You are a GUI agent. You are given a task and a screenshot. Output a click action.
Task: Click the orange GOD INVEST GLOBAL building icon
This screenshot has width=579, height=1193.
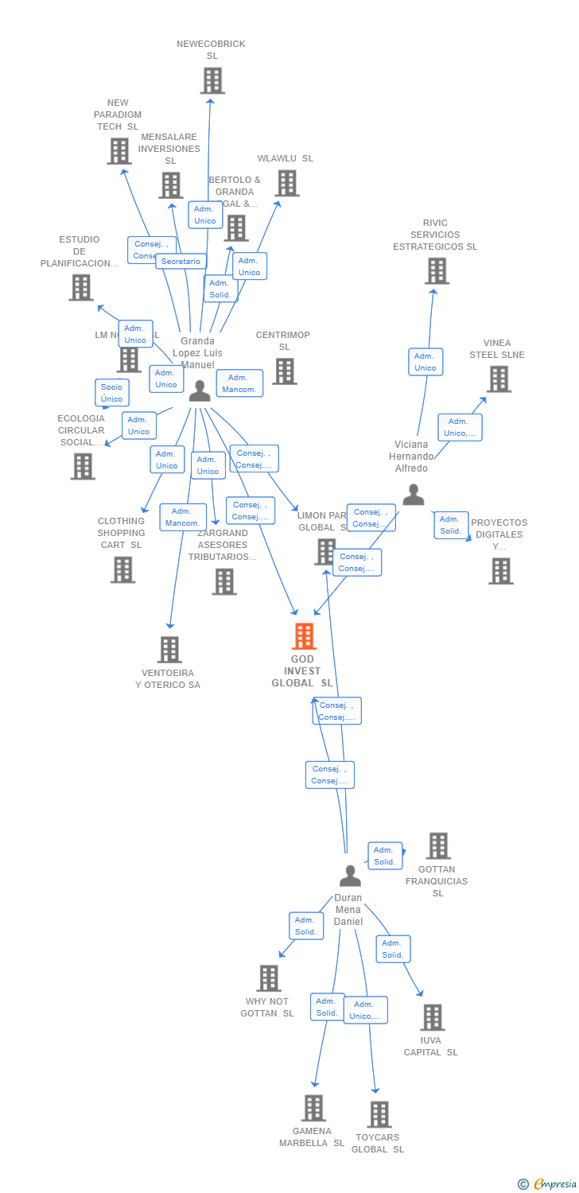tap(304, 636)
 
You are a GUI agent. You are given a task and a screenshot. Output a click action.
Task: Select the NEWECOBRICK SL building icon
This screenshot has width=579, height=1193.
tap(212, 80)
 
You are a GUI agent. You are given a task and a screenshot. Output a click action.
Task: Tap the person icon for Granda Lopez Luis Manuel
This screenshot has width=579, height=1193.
tap(200, 390)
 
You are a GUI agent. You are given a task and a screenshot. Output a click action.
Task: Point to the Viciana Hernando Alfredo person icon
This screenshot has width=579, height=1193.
tap(413, 495)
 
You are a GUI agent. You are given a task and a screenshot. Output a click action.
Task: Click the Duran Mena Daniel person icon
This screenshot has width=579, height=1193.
tap(350, 876)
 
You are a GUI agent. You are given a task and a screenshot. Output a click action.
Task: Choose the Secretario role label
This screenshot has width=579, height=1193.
tap(181, 261)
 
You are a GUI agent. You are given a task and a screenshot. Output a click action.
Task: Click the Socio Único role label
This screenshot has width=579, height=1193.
tap(112, 393)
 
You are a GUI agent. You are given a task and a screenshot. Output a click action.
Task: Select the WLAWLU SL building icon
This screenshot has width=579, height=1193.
tap(287, 183)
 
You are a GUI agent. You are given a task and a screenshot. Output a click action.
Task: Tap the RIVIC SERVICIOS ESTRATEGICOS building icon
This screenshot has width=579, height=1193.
tap(436, 271)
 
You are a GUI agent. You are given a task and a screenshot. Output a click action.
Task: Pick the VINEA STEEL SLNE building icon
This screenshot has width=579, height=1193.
tap(499, 379)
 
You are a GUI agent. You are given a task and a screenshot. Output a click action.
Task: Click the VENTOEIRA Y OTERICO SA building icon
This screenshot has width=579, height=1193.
tap(169, 650)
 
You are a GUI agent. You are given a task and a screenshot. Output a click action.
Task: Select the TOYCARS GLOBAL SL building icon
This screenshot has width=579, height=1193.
tap(379, 1114)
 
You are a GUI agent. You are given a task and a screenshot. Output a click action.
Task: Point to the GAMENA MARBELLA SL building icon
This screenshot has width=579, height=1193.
tap(313, 1108)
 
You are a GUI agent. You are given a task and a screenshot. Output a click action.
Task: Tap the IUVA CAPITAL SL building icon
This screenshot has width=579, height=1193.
tap(432, 1017)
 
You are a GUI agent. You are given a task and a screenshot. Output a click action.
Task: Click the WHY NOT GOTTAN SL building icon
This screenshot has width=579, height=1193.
tap(269, 978)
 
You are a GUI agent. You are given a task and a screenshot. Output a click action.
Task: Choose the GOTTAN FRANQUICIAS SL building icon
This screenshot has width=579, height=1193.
tap(437, 846)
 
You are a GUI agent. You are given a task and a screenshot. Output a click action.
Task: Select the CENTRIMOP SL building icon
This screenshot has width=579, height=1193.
tap(284, 371)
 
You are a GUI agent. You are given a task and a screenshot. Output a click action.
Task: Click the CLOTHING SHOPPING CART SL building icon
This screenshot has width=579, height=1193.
tap(122, 569)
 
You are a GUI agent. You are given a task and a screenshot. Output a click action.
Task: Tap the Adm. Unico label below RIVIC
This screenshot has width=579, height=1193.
tap(426, 362)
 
